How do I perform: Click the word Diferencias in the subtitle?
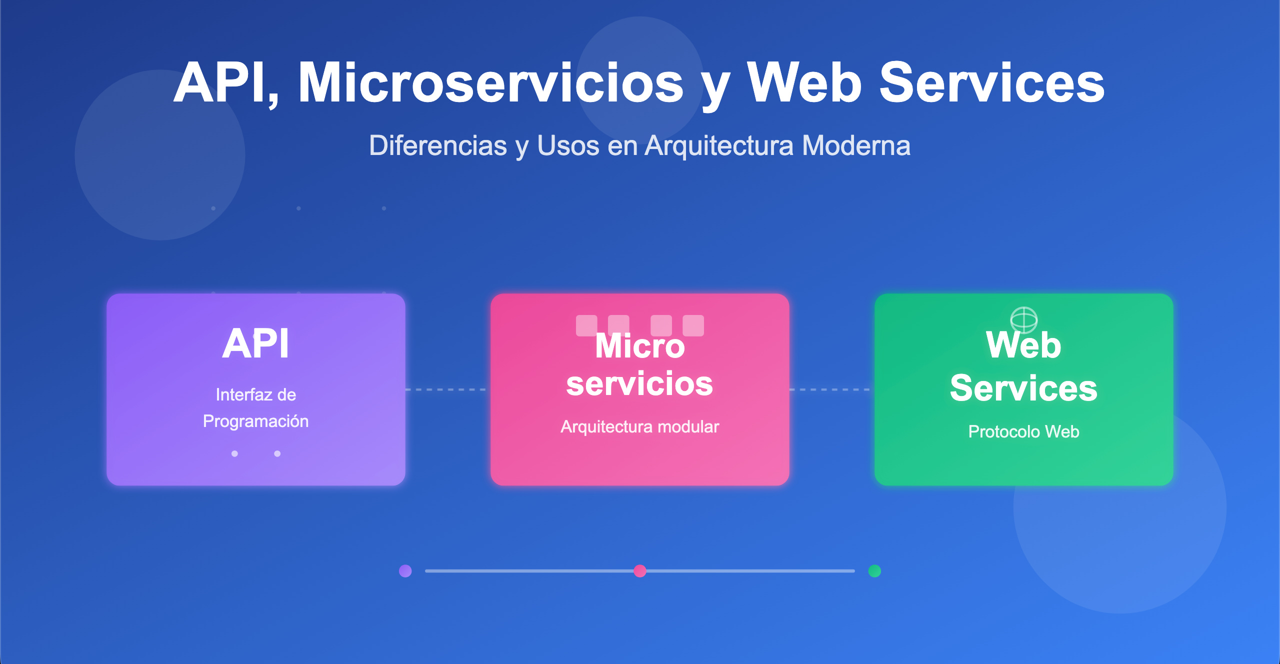click(438, 145)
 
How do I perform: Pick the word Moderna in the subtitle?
click(856, 145)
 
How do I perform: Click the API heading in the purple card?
click(255, 343)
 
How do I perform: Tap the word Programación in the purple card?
click(255, 421)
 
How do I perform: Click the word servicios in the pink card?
click(639, 383)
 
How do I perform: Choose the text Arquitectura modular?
click(639, 426)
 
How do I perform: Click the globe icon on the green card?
click(1023, 319)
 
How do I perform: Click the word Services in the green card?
click(1023, 388)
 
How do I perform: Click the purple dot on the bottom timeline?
click(405, 570)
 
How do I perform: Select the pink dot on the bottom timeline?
click(639, 570)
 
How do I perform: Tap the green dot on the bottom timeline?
click(874, 570)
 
